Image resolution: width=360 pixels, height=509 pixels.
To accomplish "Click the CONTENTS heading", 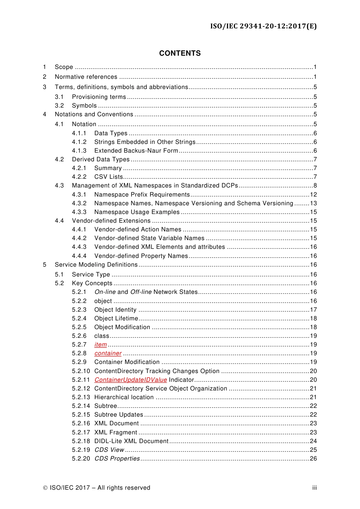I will click(x=180, y=53).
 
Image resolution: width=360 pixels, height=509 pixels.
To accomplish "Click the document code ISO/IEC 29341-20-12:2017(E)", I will click(x=263, y=26).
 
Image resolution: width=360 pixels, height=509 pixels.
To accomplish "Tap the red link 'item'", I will click(x=100, y=345).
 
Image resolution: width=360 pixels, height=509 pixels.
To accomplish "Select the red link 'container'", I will click(x=108, y=353).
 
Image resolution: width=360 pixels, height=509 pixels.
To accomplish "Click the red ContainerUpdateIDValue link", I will click(x=130, y=379).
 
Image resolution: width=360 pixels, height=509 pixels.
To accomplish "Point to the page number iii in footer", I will click(x=314, y=488).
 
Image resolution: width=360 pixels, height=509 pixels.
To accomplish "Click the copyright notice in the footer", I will click(x=97, y=488).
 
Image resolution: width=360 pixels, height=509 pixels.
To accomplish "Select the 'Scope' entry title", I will click(x=64, y=67).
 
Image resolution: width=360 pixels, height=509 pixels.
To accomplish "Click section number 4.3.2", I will click(x=79, y=203).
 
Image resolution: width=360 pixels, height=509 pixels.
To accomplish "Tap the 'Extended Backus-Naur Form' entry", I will click(x=136, y=151).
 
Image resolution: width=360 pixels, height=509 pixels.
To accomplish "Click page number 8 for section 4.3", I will click(x=315, y=186).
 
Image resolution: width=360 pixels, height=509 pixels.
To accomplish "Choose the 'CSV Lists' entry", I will click(x=108, y=177).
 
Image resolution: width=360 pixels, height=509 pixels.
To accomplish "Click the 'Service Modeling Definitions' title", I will click(x=96, y=265).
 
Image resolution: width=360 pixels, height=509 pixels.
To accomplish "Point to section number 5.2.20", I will click(x=81, y=459).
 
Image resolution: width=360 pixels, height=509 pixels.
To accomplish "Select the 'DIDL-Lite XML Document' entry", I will click(x=131, y=441).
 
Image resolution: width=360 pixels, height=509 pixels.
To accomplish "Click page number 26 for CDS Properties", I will click(x=313, y=459).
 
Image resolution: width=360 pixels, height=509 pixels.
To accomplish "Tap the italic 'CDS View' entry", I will click(x=109, y=450).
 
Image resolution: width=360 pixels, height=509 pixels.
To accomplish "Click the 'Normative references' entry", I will click(x=86, y=77).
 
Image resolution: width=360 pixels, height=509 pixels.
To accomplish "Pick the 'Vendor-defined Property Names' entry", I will click(x=141, y=256).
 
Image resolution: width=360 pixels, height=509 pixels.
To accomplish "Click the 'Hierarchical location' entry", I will click(x=124, y=397).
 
